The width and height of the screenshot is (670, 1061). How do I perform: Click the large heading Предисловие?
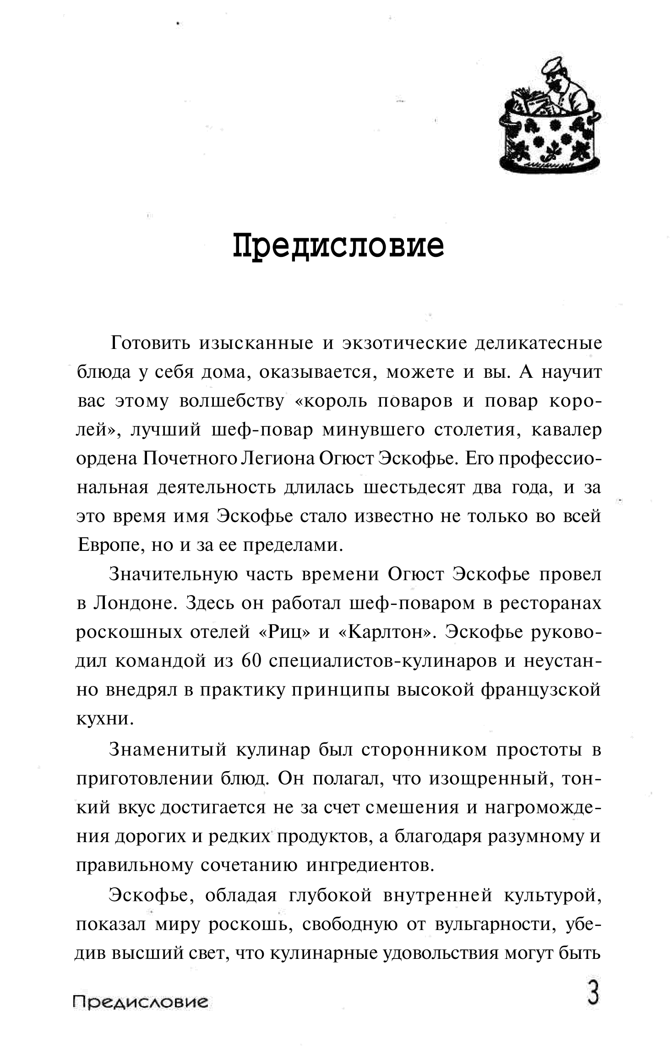pos(338,246)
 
